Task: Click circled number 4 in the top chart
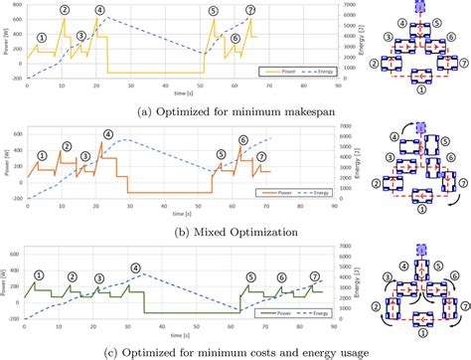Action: click(x=98, y=11)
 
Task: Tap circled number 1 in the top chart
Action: click(x=40, y=37)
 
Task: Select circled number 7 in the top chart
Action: click(x=250, y=11)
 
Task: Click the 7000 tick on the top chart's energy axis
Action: click(x=334, y=5)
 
